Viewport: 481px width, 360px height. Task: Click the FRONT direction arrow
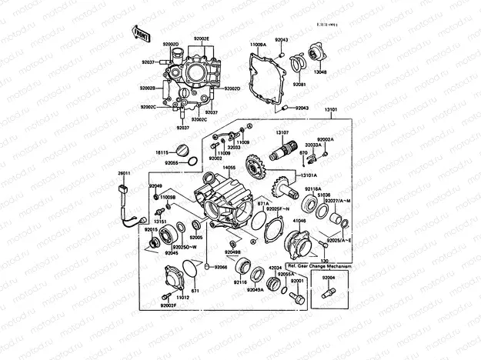(141, 33)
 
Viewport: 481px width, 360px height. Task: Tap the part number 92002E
(202, 38)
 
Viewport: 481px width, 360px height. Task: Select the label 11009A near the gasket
(257, 45)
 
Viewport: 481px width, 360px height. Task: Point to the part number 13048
(320, 72)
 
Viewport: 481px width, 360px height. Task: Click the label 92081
(299, 84)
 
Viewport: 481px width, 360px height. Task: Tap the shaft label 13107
(282, 133)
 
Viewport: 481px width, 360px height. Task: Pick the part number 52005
(197, 238)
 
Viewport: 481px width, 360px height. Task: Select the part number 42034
(275, 268)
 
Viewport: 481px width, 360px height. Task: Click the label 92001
(297, 281)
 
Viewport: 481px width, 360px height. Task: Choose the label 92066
(221, 266)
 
